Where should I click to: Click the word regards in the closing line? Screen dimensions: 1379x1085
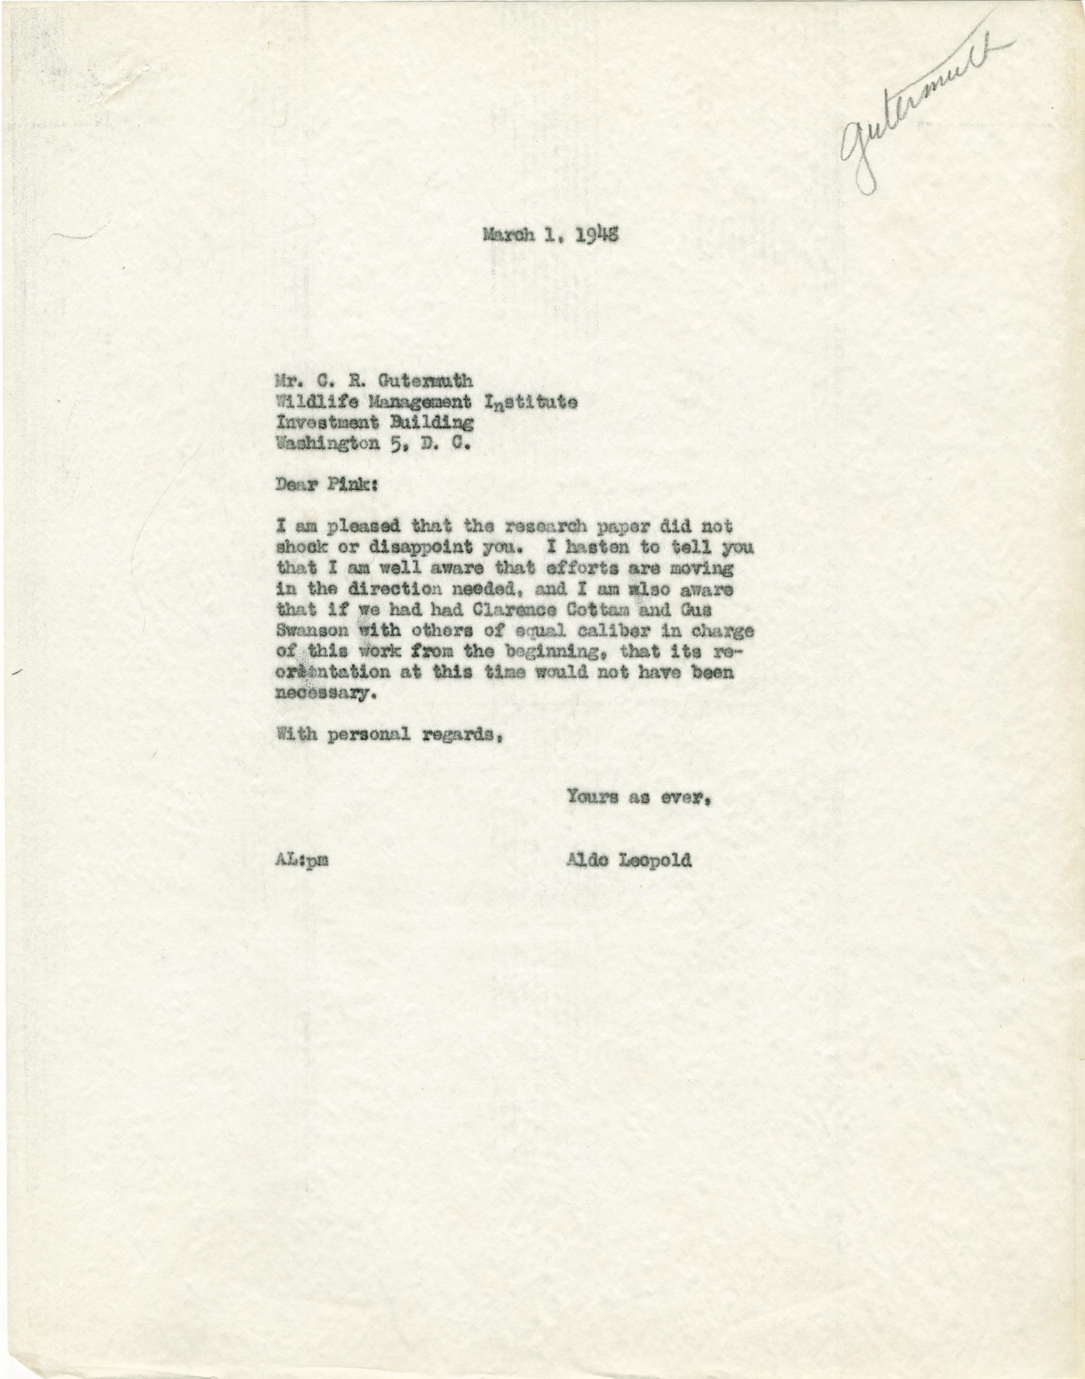click(459, 736)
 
